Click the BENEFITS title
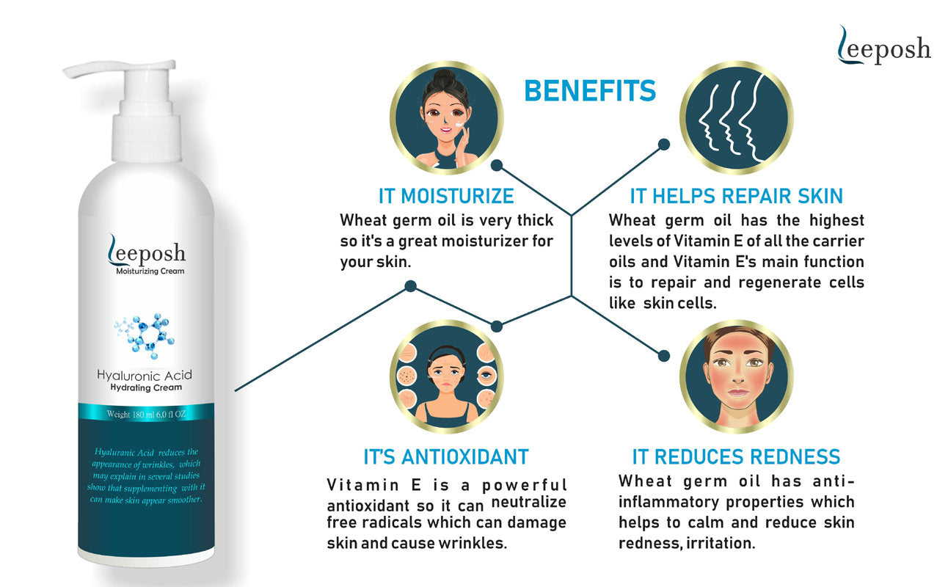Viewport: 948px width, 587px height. click(x=590, y=91)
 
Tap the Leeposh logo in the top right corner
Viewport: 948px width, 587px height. click(x=883, y=45)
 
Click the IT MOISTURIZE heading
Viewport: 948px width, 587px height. click(x=446, y=197)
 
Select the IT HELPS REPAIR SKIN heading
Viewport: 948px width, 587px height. click(x=737, y=197)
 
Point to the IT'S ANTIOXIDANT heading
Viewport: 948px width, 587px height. click(x=446, y=457)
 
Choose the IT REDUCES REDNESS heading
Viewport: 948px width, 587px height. click(x=737, y=457)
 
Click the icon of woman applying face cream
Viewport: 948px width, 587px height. click(x=447, y=117)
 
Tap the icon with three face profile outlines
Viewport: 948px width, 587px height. click(x=737, y=117)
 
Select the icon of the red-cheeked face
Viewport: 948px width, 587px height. click(x=737, y=376)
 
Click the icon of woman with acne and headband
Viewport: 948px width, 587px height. click(x=447, y=376)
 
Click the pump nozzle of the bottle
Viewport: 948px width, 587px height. click(x=120, y=68)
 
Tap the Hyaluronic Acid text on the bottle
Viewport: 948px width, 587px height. click(x=145, y=375)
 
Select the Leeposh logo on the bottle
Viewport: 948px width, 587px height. click(x=146, y=250)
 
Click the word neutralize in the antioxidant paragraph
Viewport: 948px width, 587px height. click(x=528, y=502)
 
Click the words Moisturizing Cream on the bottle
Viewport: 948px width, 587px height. click(x=150, y=271)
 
